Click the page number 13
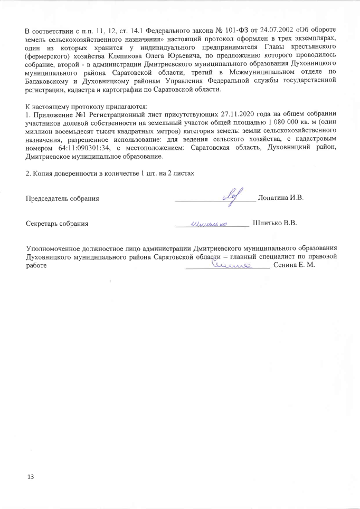click(x=30, y=477)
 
